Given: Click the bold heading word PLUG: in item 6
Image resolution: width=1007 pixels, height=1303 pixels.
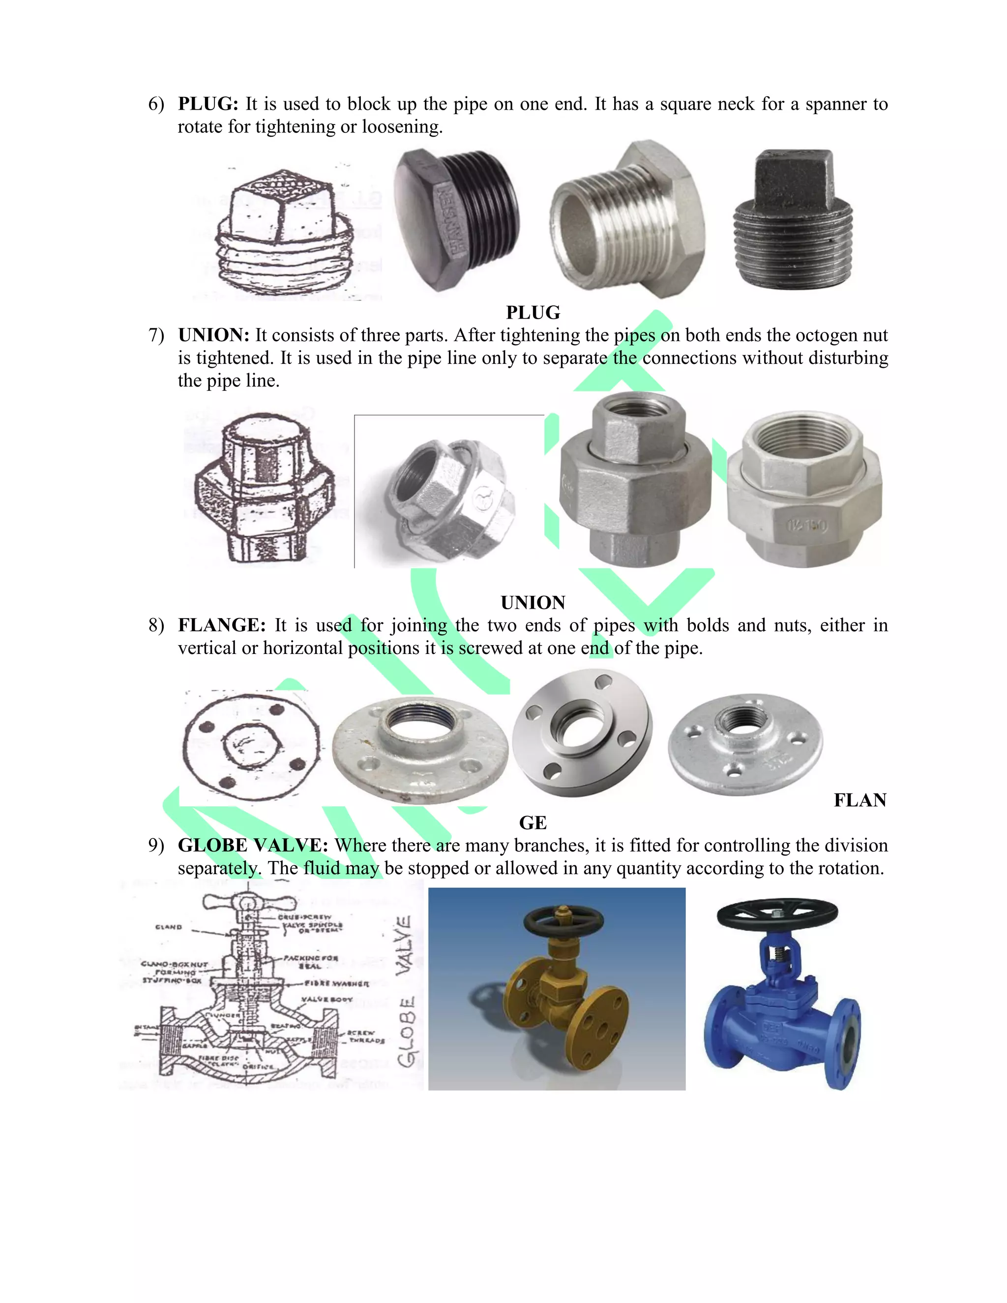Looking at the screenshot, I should (207, 104).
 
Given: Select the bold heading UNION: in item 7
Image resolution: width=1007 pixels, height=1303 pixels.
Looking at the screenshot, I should (213, 335).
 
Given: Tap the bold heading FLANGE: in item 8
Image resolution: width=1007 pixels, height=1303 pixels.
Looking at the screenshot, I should (221, 625).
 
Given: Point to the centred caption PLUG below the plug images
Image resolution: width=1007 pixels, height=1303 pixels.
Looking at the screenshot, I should (533, 313).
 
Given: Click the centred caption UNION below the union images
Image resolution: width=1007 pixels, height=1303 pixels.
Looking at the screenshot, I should (533, 603).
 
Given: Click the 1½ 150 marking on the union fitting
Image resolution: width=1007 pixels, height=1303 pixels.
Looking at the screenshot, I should (806, 526).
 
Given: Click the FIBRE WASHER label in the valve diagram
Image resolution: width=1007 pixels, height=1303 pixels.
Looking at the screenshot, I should (336, 983).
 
